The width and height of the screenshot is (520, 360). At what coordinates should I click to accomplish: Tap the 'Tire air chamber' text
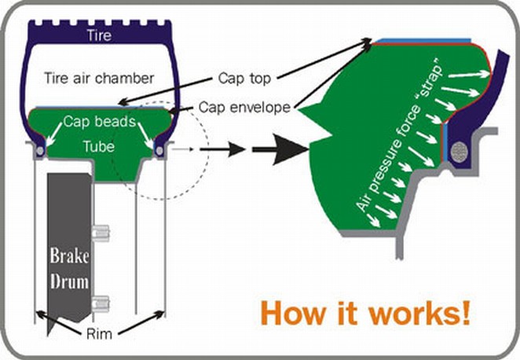100,77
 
